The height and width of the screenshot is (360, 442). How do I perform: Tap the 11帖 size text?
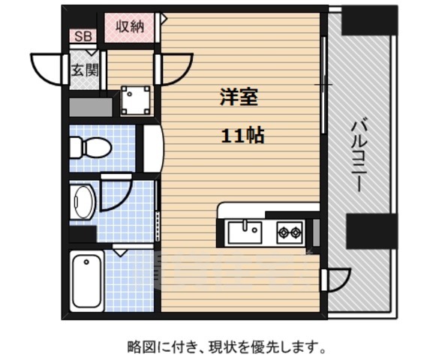(242, 136)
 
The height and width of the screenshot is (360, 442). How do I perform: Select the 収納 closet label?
(129, 26)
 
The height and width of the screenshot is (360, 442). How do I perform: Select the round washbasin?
(83, 201)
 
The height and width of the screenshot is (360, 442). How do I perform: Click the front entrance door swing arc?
(48, 69)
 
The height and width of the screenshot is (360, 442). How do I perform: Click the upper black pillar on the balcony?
(368, 20)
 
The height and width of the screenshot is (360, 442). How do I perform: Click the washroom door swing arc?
(116, 193)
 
